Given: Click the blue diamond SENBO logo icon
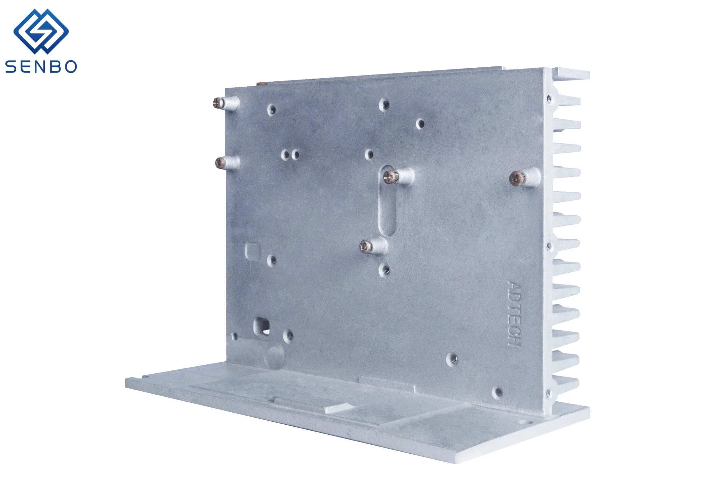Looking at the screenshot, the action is click(41, 31).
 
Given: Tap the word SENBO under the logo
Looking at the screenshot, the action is click(41, 67).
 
